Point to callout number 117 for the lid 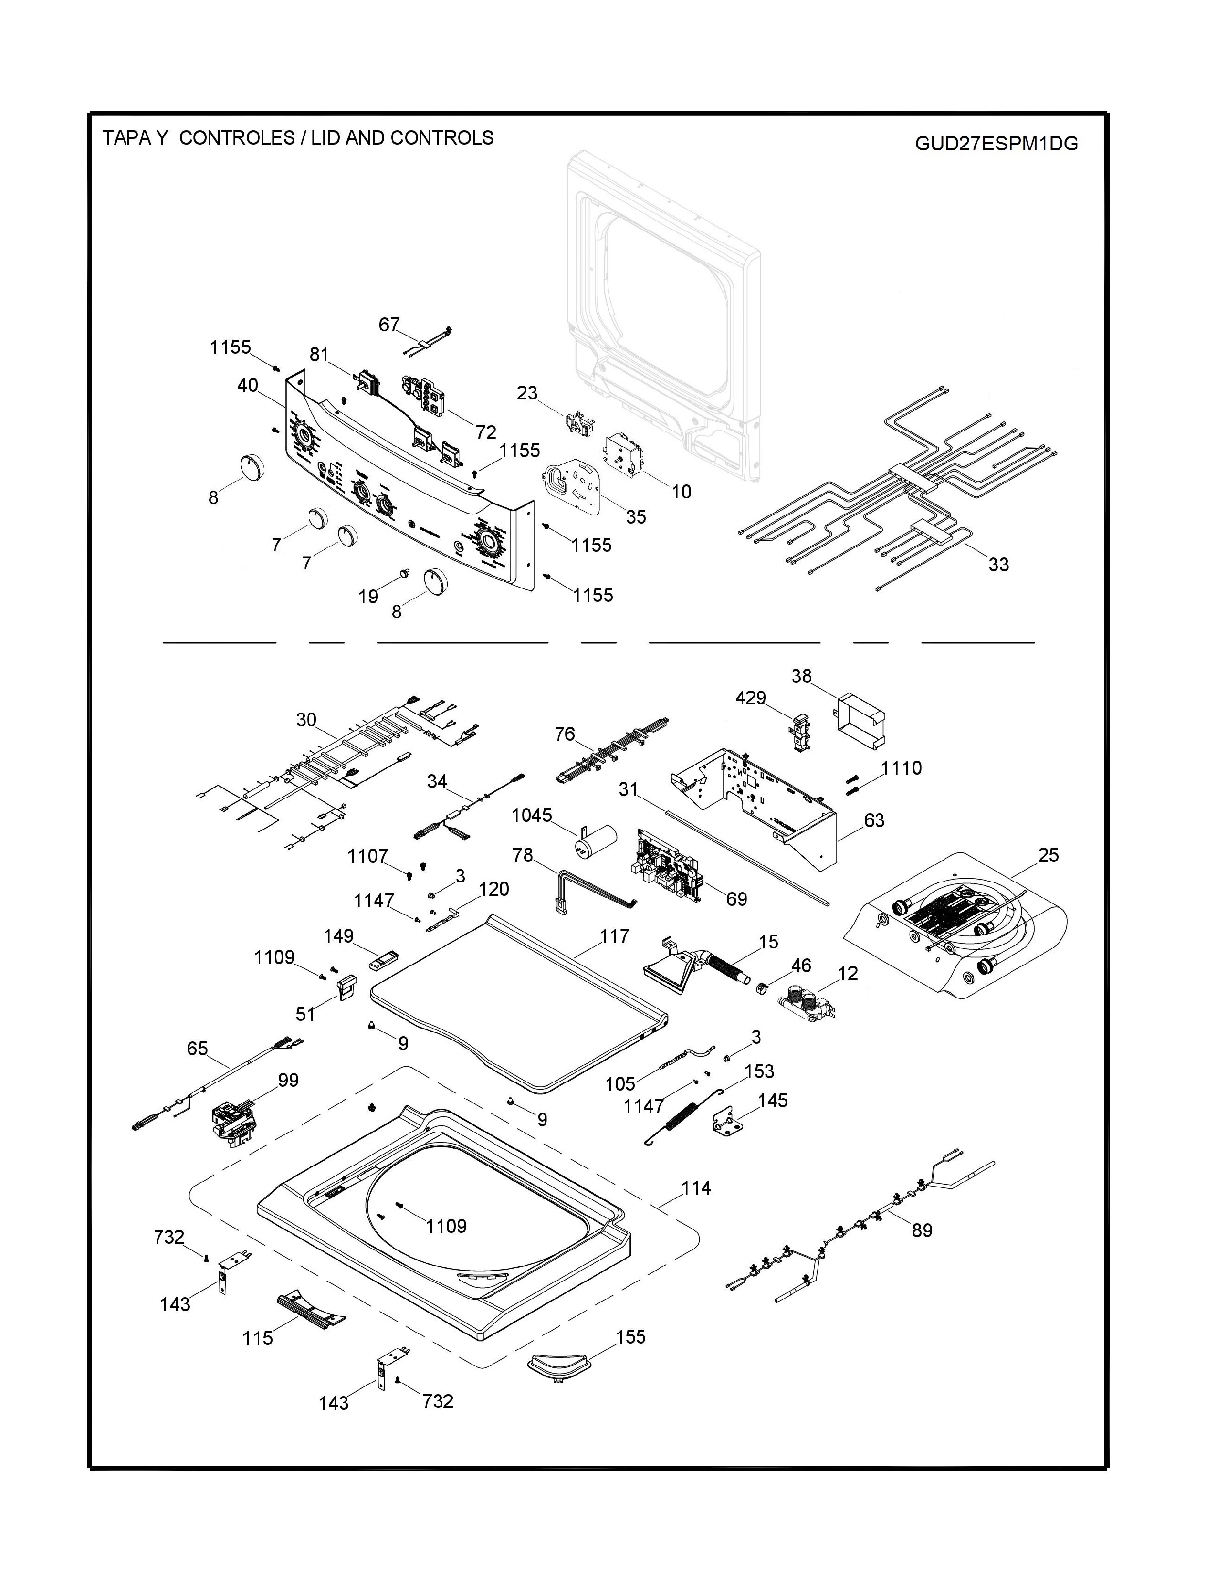614,935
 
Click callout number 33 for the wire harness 998,565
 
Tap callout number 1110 901,768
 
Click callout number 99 288,1080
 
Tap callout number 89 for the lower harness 922,1230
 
